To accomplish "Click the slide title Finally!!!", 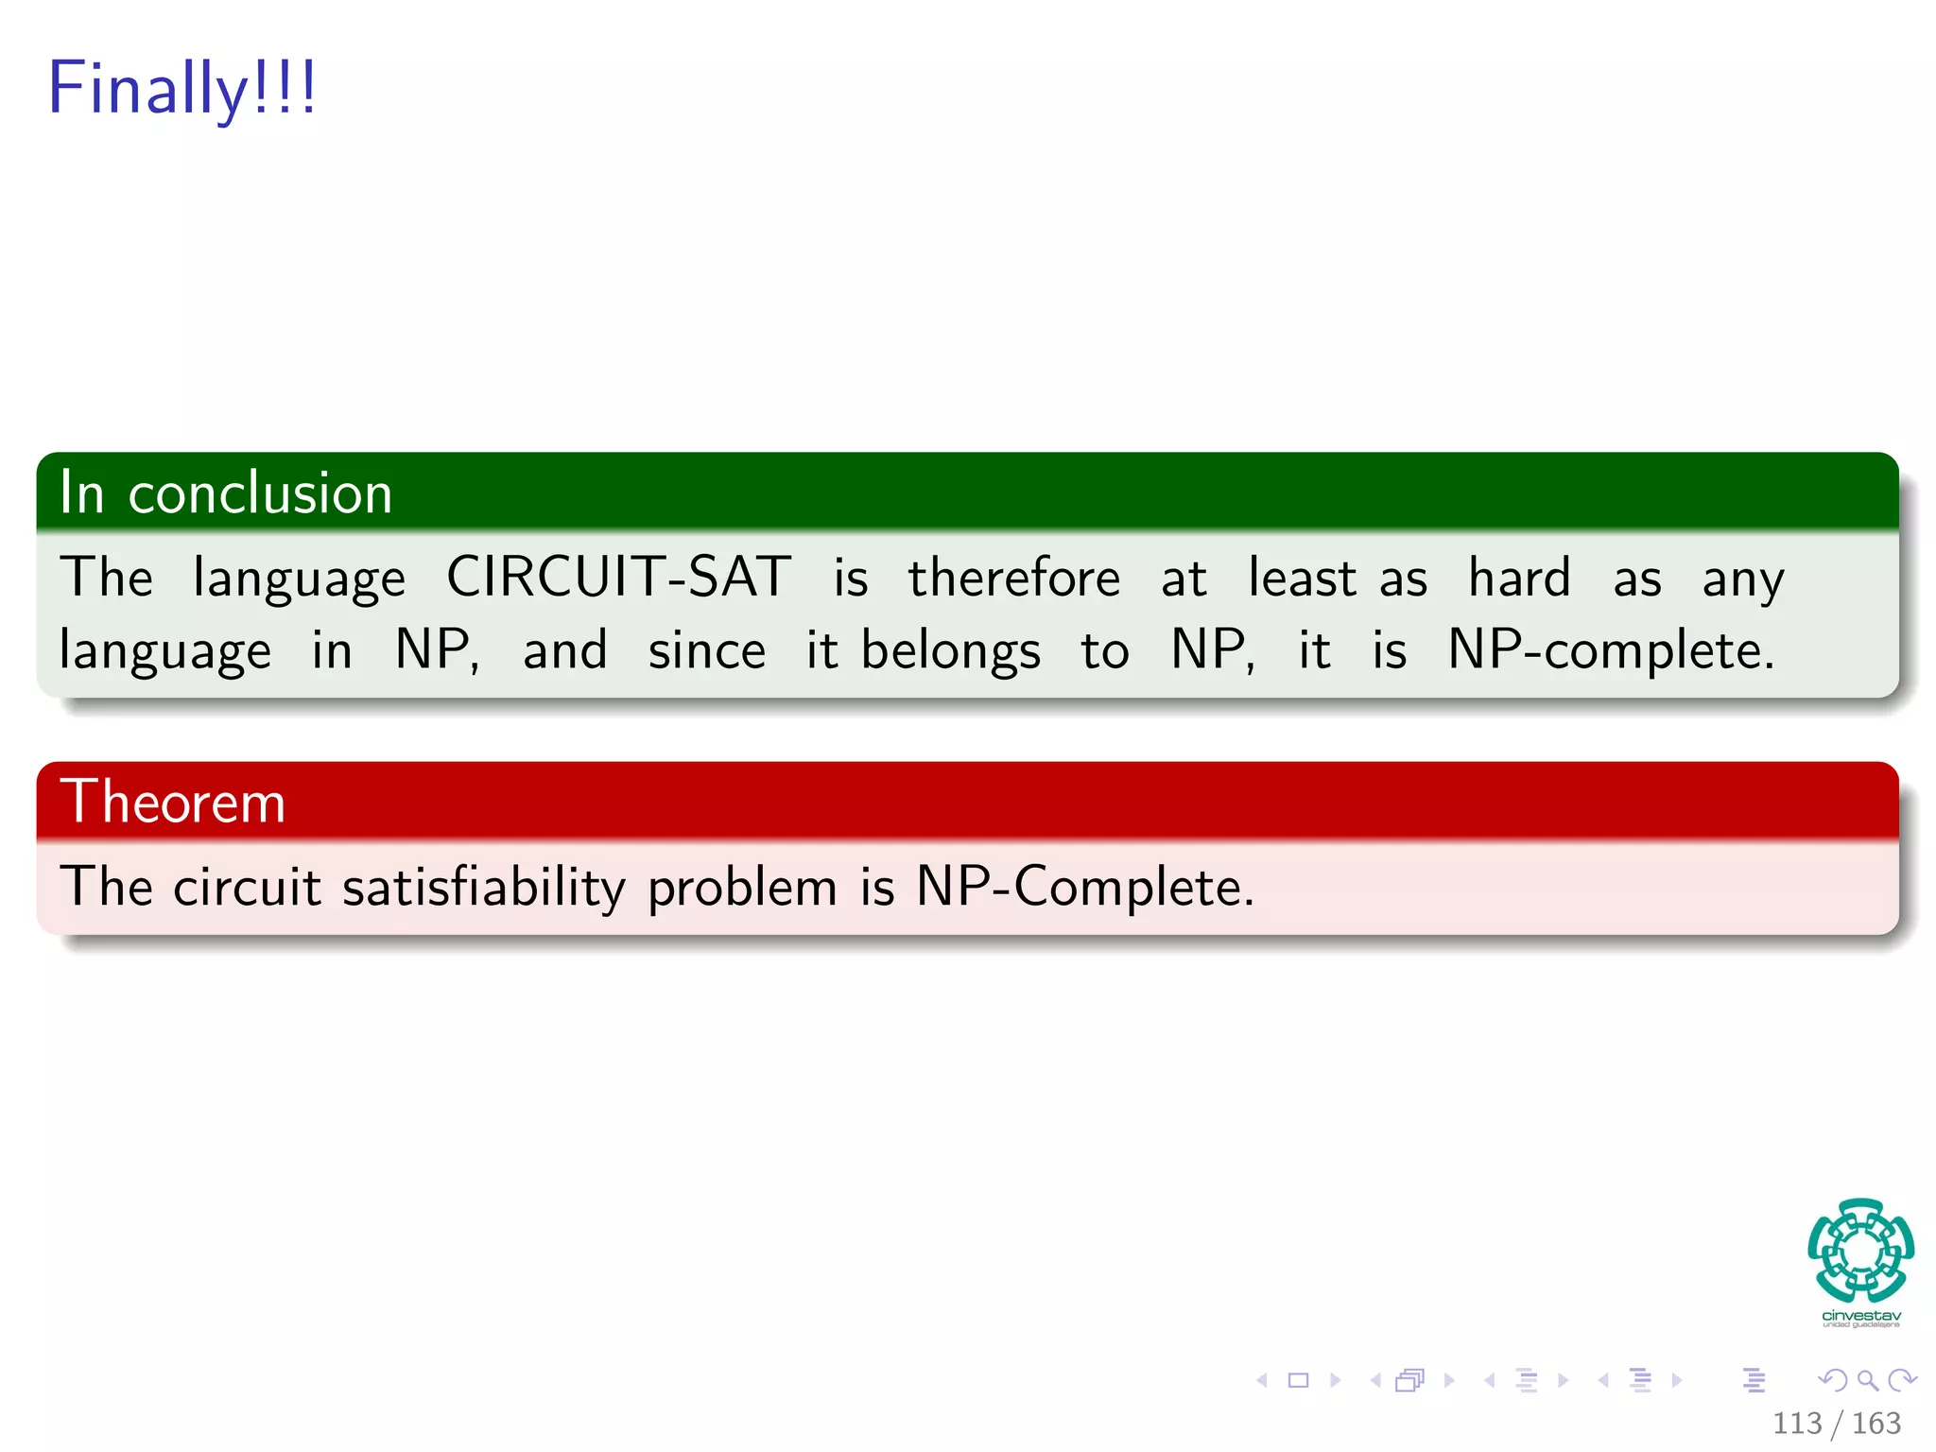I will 181,88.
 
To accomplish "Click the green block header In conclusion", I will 225,493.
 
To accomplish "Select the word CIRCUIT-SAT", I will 618,577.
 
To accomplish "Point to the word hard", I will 1519,577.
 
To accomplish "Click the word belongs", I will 950,650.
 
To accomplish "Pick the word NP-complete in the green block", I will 1611,650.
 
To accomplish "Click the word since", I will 706,650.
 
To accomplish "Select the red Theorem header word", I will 172,802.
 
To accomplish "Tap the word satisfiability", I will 483,887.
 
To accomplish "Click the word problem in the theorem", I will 742,887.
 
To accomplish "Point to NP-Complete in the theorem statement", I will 1084,887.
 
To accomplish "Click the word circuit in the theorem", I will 247,887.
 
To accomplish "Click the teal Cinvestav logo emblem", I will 1860,1250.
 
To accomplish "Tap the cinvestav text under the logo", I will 1860,1315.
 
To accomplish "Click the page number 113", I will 1796,1423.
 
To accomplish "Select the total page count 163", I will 1875,1423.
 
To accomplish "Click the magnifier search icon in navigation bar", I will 1867,1380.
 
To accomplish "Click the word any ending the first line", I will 1742,579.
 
